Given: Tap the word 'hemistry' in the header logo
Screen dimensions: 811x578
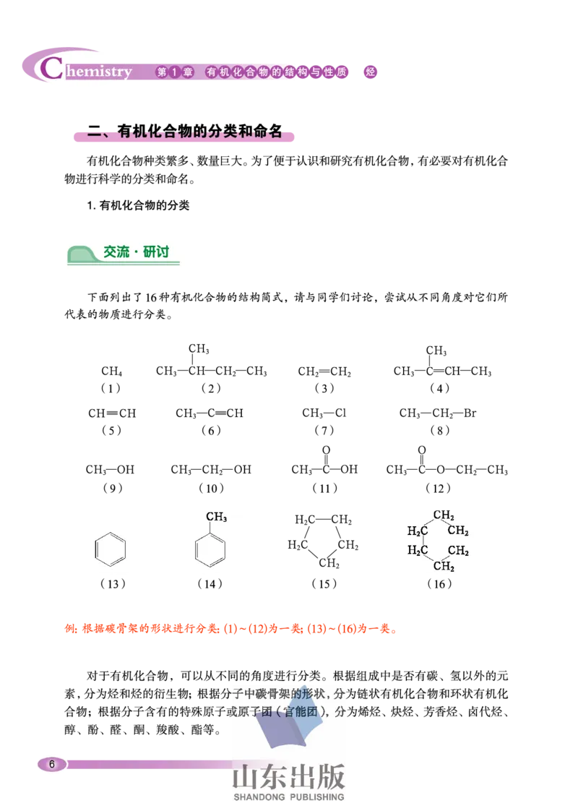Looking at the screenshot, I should point(98,72).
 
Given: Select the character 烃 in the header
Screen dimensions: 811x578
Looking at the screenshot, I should point(371,72).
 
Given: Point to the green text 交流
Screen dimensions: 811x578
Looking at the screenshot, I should point(116,252).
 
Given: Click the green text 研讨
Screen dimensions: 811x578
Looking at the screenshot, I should point(156,252).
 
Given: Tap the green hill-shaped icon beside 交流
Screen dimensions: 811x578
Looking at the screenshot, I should point(82,254).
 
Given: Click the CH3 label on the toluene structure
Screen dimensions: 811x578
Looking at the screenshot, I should point(217,518).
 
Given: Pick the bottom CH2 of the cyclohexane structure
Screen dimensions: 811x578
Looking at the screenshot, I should point(444,566).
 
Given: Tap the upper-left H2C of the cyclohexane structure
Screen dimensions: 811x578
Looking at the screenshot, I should point(418,531).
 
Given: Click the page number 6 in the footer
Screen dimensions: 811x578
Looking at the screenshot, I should point(51,764).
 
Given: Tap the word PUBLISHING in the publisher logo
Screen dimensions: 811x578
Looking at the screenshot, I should point(317,797).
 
